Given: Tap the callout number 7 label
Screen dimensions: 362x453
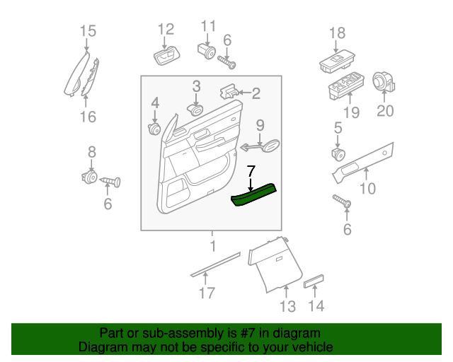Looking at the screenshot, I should coord(250,171).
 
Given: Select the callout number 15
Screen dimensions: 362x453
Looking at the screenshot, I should coord(87,31).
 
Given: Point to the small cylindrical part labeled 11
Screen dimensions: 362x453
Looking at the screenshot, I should coord(206,51).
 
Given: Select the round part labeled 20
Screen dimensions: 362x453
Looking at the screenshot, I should coord(384,82).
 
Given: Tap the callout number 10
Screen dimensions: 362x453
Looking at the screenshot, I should coord(367,188).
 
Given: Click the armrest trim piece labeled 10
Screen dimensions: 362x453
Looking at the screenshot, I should coord(365,162).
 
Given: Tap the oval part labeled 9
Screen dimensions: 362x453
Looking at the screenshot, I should coord(269,146).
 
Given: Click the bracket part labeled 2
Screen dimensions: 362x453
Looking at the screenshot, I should coord(229,92).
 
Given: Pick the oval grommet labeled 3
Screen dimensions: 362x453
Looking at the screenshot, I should coord(195,109).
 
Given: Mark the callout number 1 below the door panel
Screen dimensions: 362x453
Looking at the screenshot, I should coord(211,246).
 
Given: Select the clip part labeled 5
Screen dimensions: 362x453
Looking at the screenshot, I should coord(338,153).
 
